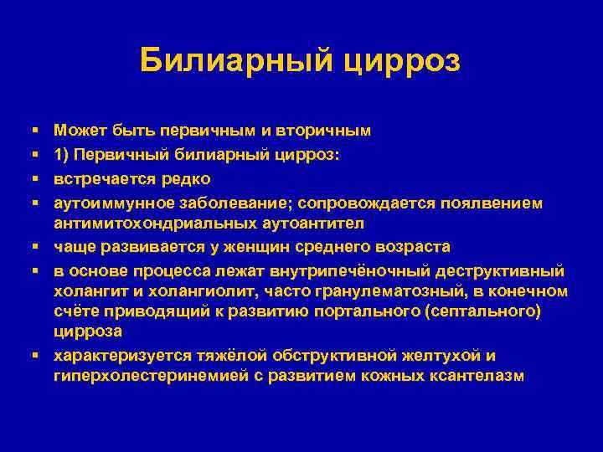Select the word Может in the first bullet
click(78, 131)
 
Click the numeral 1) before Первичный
click(62, 156)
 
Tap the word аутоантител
click(280, 223)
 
